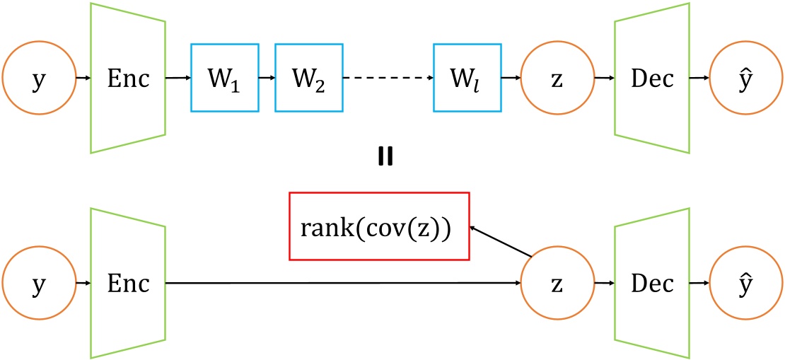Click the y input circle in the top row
point(39,78)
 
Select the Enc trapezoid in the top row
point(128,78)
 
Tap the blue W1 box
point(225,78)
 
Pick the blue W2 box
point(309,78)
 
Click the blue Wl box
point(467,78)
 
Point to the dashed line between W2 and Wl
point(388,78)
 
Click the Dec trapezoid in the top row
point(651,78)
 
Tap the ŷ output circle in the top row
point(747,78)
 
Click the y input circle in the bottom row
point(39,283)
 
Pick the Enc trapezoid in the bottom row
point(128,283)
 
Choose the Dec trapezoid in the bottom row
point(651,283)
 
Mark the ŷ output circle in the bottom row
point(747,283)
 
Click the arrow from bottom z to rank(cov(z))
point(500,241)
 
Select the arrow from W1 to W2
point(267,78)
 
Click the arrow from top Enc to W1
point(178,78)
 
